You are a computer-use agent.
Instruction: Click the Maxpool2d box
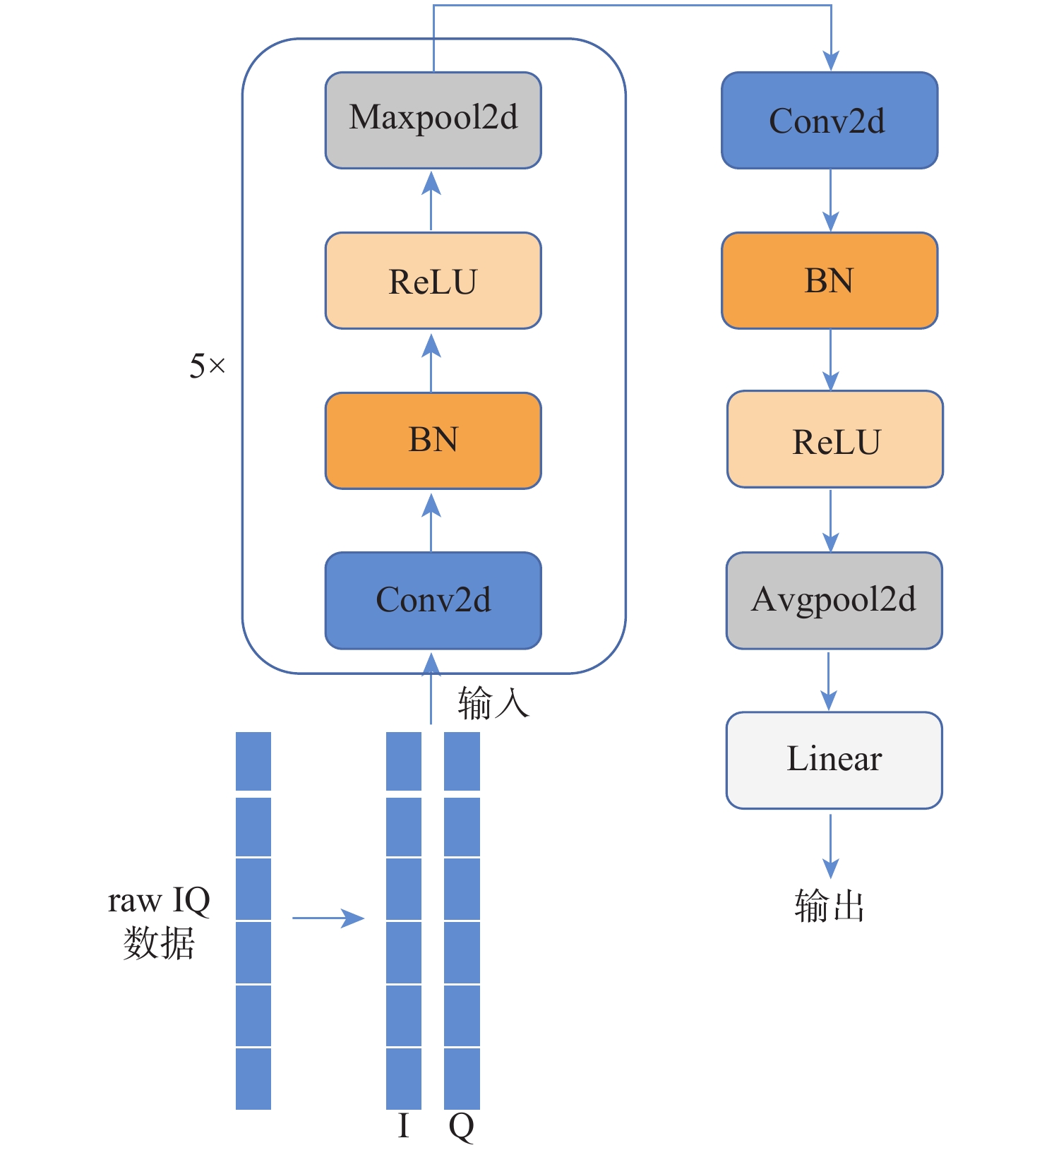433,120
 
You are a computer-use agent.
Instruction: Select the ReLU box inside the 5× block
433,280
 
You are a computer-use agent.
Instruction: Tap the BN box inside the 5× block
433,441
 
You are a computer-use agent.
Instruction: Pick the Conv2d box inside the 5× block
433,600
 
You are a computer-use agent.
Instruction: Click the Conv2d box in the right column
830,120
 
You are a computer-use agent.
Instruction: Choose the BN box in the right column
830,280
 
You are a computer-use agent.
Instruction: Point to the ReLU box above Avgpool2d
835,439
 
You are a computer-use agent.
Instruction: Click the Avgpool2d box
834,600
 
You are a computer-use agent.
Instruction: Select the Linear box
834,760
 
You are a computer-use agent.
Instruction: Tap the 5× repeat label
207,366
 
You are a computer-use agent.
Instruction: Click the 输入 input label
493,703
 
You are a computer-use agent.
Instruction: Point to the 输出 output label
830,906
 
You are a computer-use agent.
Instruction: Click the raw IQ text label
159,901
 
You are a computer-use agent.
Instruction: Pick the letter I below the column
403,1125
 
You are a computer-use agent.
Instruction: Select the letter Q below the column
461,1127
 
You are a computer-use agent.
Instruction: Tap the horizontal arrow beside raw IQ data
328,918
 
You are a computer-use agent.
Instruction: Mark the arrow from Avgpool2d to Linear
830,681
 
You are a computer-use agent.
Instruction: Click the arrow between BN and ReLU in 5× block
431,362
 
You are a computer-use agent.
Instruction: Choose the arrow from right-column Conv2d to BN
831,200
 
